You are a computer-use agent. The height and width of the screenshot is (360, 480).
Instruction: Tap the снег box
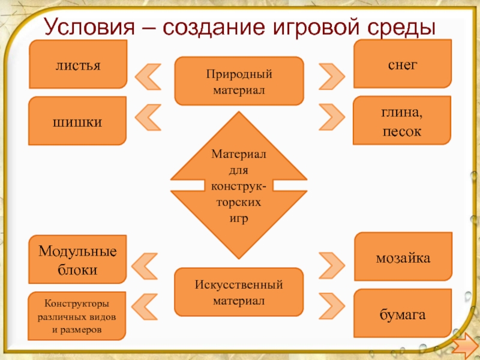pos(402,64)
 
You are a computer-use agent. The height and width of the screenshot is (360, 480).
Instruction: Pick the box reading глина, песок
pos(402,121)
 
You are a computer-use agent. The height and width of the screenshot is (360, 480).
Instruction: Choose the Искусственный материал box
pos(239,292)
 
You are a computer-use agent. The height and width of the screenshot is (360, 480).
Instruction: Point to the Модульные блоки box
pos(77,259)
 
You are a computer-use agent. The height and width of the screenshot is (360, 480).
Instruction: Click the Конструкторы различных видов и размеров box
pos(77,316)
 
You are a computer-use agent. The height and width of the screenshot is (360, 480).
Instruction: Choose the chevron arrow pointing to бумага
pos(331,303)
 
